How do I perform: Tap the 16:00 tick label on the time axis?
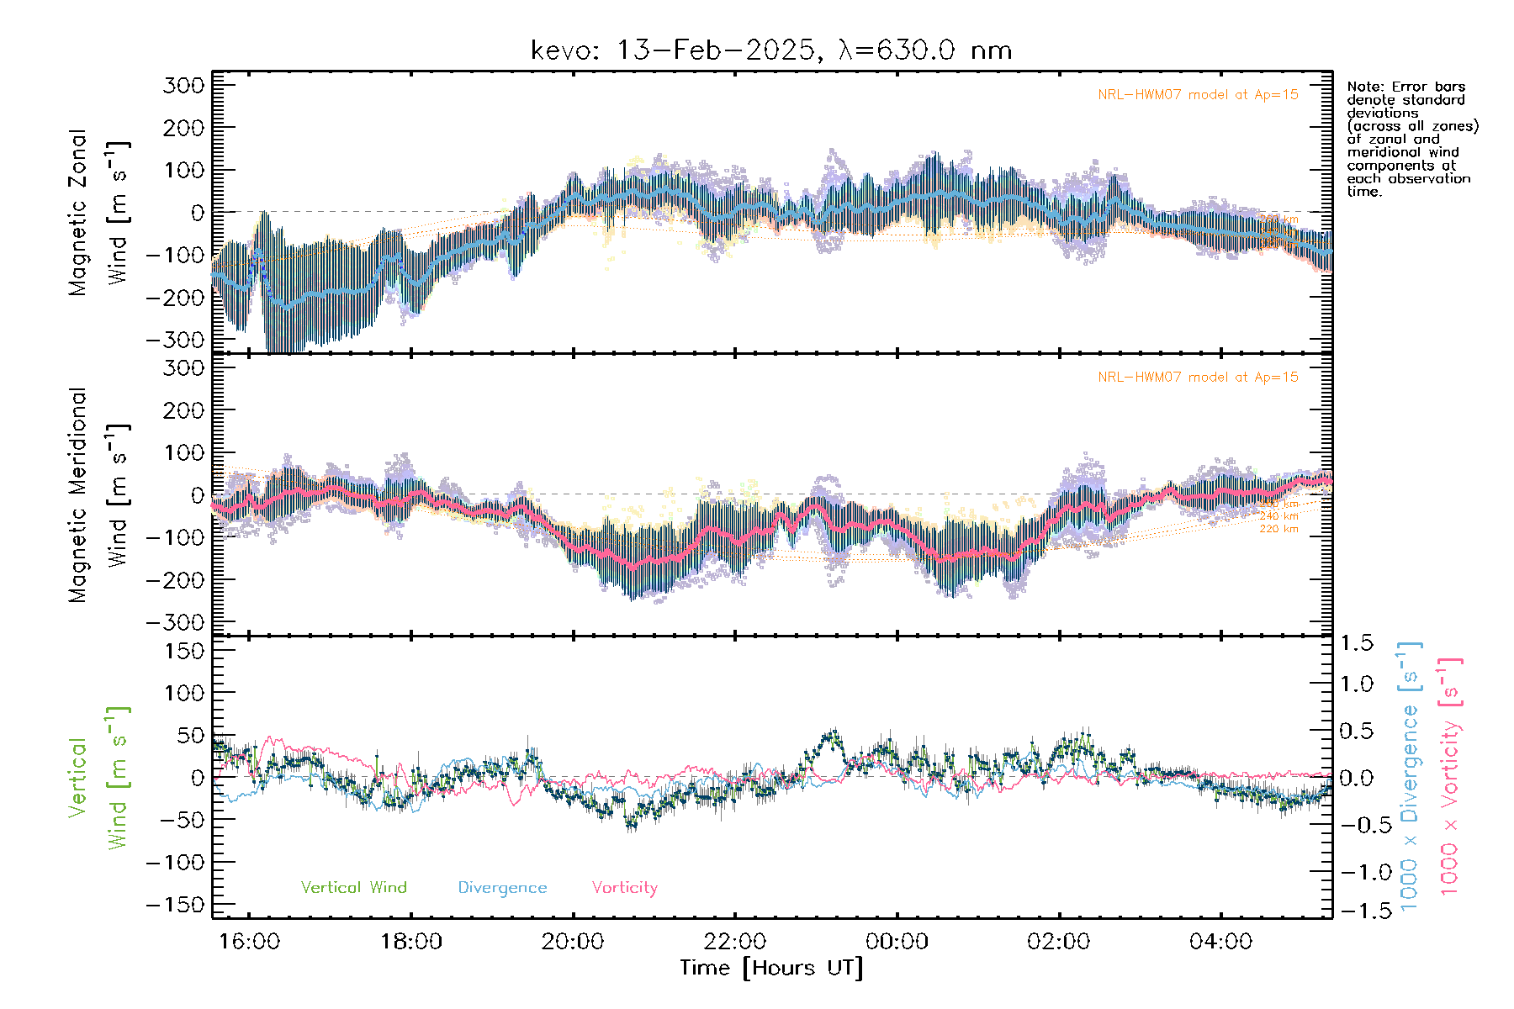click(x=249, y=942)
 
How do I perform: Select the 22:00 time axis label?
click(x=735, y=942)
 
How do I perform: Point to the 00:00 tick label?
click(x=897, y=942)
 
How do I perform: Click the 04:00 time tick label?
click(x=1220, y=942)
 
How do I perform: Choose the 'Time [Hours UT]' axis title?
click(x=771, y=969)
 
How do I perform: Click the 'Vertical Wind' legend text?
click(x=353, y=888)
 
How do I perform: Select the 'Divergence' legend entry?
click(x=502, y=888)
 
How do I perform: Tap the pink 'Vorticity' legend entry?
click(x=624, y=888)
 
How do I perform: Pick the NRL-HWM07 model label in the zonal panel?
click(x=1198, y=95)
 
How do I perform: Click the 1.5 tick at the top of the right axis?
click(x=1356, y=643)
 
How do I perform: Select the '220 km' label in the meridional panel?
click(x=1278, y=529)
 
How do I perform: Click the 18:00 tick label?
click(x=411, y=942)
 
